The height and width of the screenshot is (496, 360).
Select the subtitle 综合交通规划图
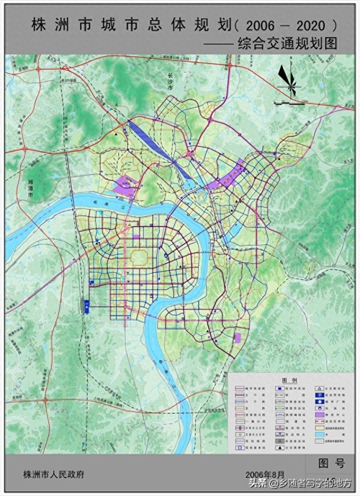point(288,42)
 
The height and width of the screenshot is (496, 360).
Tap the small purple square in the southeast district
point(238,338)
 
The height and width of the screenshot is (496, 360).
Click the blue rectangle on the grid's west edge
point(86,306)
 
